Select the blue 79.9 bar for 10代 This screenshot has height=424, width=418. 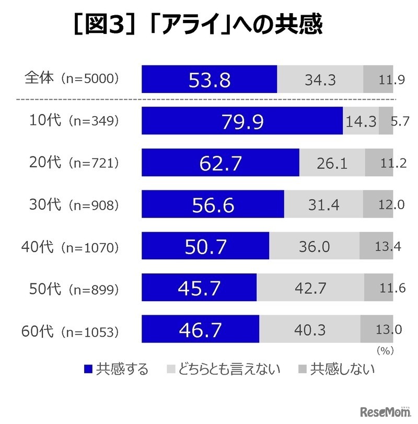(242, 121)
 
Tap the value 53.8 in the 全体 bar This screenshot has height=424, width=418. (209, 80)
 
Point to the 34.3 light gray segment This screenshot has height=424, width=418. (320, 80)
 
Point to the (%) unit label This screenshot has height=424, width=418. (384, 350)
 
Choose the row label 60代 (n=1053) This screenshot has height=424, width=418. (71, 330)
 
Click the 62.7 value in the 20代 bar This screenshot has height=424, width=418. (220, 163)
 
